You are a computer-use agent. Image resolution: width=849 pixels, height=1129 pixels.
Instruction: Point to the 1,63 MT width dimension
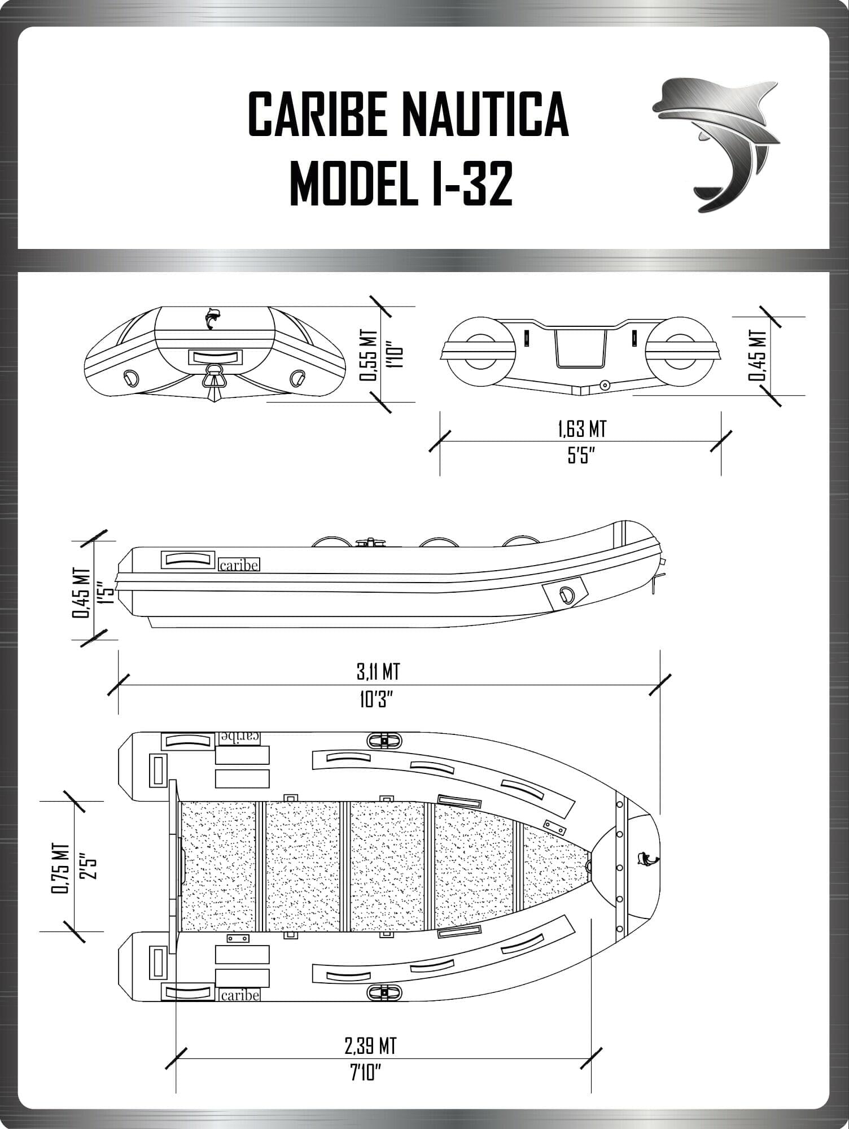581,429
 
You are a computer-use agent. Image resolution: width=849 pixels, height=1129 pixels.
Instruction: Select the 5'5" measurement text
581,456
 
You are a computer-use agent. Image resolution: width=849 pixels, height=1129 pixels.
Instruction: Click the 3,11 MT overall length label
378,672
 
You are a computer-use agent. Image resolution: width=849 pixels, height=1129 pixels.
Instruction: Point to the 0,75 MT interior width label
61,869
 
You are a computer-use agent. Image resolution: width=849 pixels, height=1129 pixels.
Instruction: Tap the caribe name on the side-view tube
239,565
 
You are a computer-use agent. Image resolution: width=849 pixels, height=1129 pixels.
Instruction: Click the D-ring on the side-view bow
566,593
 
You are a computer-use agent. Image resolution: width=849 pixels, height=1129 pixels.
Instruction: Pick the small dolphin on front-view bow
211,318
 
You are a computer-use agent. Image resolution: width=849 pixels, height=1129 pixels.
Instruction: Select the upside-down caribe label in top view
239,737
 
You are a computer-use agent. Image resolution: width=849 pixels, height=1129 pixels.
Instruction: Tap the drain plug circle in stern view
605,384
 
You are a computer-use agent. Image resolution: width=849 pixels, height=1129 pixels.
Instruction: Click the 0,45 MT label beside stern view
760,355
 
